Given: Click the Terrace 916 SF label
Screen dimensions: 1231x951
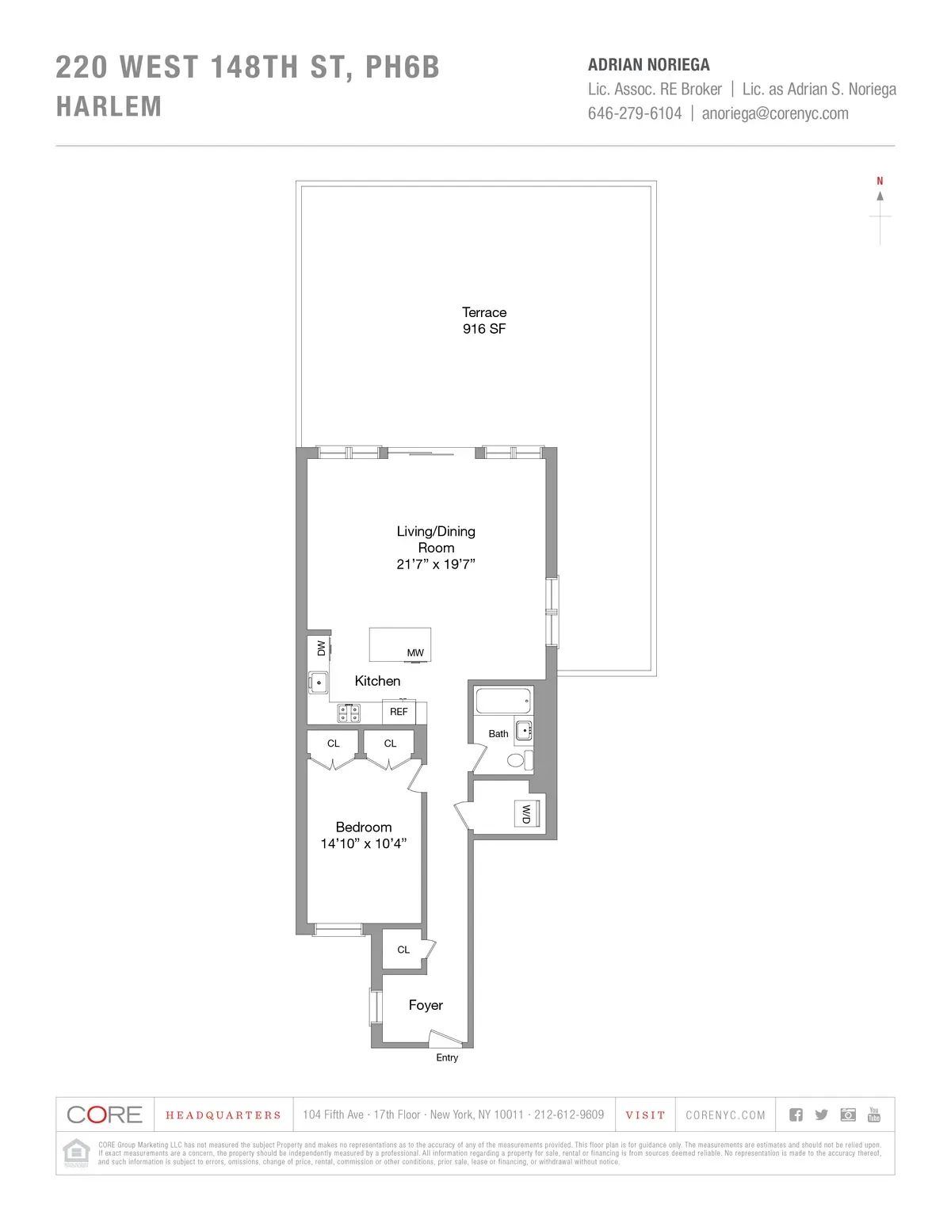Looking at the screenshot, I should (484, 320).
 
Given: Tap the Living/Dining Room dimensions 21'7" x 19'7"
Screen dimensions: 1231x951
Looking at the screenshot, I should (436, 564).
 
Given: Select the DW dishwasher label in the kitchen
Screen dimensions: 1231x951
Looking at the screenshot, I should (321, 648).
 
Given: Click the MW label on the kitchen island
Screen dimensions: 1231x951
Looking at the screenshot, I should (415, 653).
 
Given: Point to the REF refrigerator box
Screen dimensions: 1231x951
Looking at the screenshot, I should (399, 712).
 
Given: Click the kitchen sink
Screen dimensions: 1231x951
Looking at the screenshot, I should (319, 682).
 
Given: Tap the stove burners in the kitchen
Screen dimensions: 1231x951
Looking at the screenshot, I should (349, 713).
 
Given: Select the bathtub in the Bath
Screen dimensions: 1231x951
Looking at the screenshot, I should (502, 701).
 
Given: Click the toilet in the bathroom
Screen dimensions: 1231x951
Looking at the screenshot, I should (517, 761).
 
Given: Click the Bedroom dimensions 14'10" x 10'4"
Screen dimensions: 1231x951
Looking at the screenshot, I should (364, 843).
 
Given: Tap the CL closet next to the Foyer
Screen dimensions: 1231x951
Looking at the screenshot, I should (403, 950).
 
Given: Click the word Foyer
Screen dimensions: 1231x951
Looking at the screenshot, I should (426, 1005).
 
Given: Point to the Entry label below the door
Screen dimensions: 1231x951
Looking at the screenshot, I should (447, 1057).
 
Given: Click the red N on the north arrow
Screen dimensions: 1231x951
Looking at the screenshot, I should (880, 182).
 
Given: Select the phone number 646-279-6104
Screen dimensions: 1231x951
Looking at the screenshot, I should (634, 113).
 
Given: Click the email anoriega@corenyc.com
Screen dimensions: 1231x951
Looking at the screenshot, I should (775, 113).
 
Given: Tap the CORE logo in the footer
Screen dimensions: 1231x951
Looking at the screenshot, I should (105, 1114).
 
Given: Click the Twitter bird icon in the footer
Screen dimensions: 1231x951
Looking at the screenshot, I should (822, 1114).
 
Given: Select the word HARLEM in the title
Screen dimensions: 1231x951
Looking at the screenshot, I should (109, 106).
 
